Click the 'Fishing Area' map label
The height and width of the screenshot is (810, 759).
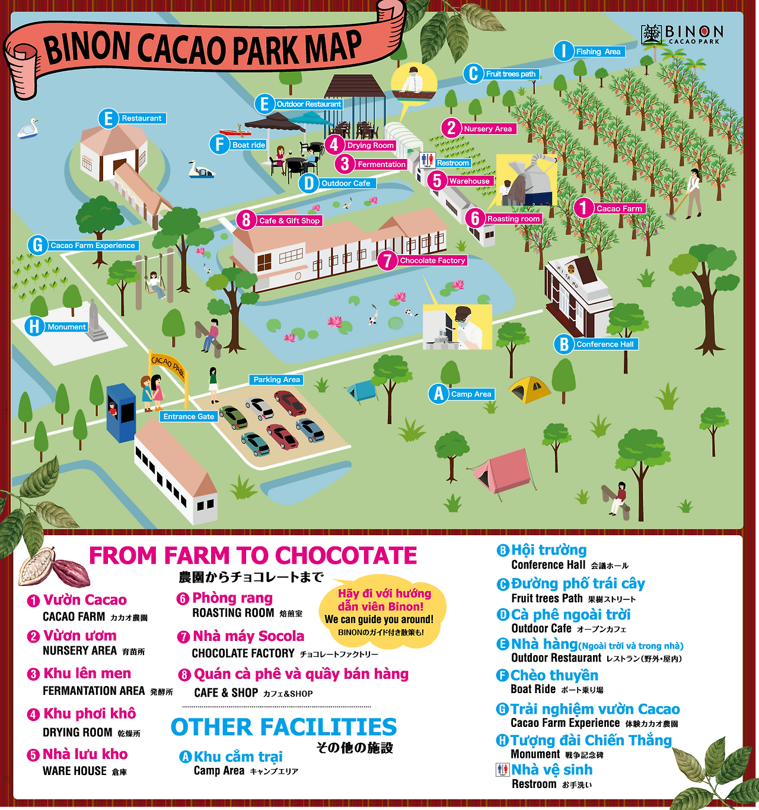click(x=598, y=52)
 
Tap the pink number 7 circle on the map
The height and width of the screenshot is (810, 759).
click(x=387, y=260)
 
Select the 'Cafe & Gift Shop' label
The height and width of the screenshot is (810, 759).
click(x=289, y=221)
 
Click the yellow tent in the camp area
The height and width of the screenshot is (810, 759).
click(x=530, y=389)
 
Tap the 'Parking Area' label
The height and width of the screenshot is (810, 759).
click(x=277, y=380)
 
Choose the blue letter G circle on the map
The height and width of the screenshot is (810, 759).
click(x=37, y=245)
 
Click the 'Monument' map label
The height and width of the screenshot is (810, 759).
click(x=66, y=327)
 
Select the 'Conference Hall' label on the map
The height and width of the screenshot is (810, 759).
click(x=605, y=344)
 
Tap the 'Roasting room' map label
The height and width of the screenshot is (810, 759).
click(x=514, y=219)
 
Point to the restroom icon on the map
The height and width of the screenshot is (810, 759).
click(x=427, y=160)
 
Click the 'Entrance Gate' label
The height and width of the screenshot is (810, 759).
click(x=189, y=417)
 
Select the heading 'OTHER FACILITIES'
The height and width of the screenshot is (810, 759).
click(x=283, y=727)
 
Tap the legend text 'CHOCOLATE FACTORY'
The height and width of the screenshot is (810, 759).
click(x=243, y=653)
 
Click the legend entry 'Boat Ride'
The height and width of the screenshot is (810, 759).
click(x=533, y=689)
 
